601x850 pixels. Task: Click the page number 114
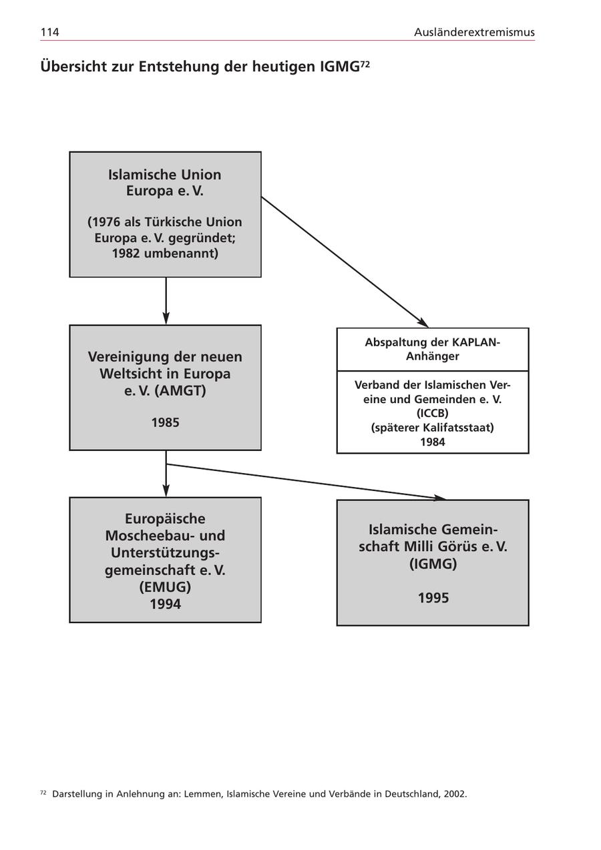[x=49, y=32]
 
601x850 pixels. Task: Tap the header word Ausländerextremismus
[x=474, y=32]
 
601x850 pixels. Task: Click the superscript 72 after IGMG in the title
[x=365, y=63]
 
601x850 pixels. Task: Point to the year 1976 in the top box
[x=107, y=222]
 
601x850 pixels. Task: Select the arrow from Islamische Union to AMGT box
[x=166, y=301]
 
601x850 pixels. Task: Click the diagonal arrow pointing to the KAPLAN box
[x=344, y=261]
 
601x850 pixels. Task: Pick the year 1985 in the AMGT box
[x=165, y=422]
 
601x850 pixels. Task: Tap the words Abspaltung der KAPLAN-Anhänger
[x=433, y=349]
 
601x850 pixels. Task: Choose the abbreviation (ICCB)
[x=433, y=413]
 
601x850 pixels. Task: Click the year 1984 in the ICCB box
[x=433, y=442]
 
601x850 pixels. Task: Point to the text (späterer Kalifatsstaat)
[x=433, y=428]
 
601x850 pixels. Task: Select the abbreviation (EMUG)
[x=165, y=588]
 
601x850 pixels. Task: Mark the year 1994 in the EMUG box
[x=165, y=604]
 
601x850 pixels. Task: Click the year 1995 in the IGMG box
[x=433, y=598]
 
